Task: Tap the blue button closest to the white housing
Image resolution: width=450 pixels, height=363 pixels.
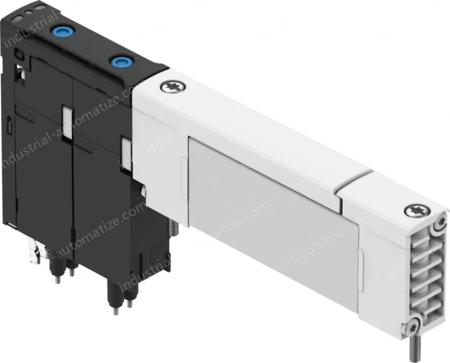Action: pyautogui.click(x=120, y=62)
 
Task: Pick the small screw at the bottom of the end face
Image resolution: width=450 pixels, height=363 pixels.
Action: pyautogui.click(x=415, y=324)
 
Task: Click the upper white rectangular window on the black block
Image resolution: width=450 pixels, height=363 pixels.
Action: pyautogui.click(x=66, y=118)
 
